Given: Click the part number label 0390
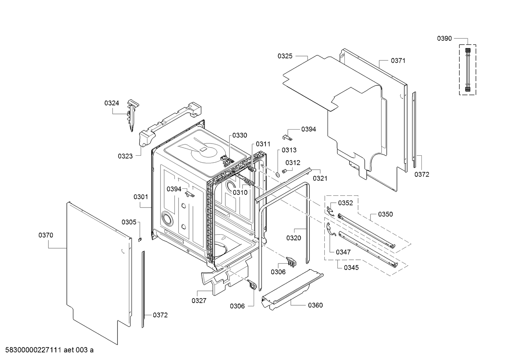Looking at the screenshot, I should [x=444, y=39].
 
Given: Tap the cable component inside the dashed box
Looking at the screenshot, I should [x=468, y=70].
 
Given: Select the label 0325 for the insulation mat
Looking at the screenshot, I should [x=285, y=56].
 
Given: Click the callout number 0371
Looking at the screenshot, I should [x=398, y=60].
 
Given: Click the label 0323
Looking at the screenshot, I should [x=125, y=156].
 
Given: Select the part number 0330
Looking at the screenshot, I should [x=239, y=135].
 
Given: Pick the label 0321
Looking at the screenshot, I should [x=320, y=178].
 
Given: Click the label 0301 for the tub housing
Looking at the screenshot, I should [x=141, y=197].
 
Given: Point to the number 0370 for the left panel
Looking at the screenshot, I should [x=46, y=235].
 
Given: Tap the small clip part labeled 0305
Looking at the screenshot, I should [x=140, y=239].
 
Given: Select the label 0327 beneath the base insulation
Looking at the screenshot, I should [x=199, y=300].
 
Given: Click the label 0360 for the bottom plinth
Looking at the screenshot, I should [x=315, y=305].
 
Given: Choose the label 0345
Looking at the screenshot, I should [x=351, y=268].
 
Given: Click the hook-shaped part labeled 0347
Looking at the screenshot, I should [x=331, y=230].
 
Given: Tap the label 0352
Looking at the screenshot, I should [x=345, y=203].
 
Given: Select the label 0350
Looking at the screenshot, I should [x=385, y=214].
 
